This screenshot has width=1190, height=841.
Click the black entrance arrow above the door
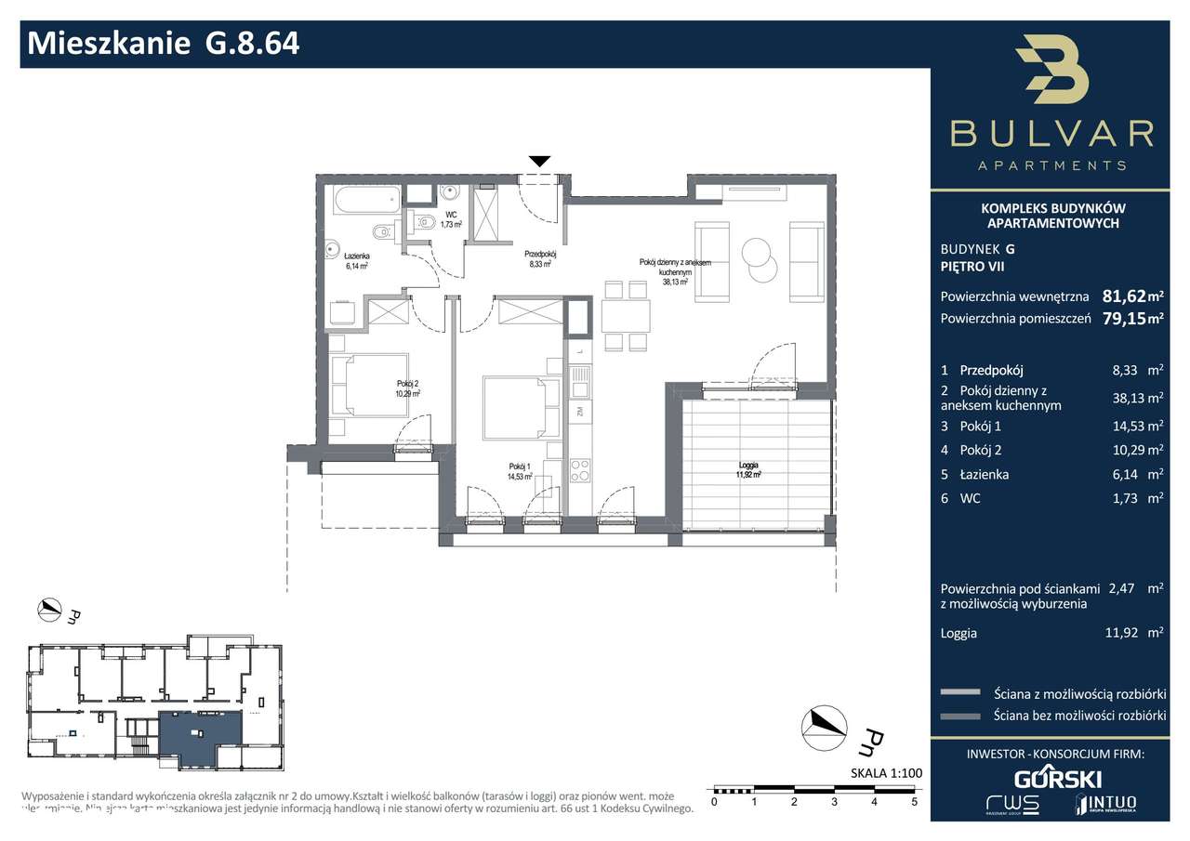[539, 162]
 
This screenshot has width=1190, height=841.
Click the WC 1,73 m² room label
[452, 219]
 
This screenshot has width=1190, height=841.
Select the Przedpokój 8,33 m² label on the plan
[540, 257]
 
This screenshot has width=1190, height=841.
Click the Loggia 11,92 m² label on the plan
[748, 469]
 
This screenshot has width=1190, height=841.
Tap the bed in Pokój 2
[368, 388]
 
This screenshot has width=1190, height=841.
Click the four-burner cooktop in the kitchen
[580, 470]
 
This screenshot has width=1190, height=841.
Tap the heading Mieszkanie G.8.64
[165, 43]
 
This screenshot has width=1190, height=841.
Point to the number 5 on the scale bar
[914, 801]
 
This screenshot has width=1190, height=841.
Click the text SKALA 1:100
[885, 773]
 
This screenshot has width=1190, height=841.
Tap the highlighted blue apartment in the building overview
[199, 737]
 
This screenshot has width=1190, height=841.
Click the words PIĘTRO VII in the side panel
[972, 267]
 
